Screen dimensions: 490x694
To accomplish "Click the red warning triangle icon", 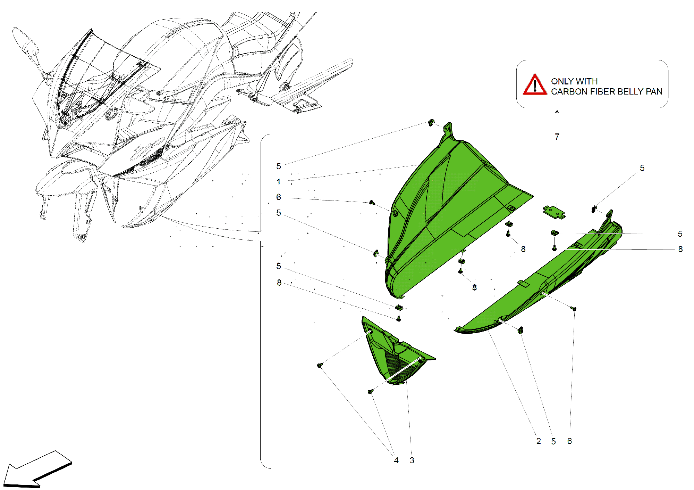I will click(x=535, y=85).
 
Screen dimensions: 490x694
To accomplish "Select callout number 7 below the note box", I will click(x=557, y=137).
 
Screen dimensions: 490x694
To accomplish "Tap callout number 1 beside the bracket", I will click(x=278, y=182).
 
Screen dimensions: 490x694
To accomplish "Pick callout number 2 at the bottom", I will click(x=538, y=441).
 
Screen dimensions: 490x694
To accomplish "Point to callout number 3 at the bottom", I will click(x=412, y=460).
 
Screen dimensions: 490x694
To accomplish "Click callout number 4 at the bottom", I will click(x=396, y=460).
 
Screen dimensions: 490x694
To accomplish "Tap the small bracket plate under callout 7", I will click(x=554, y=212).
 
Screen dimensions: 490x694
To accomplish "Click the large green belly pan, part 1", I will click(x=451, y=209).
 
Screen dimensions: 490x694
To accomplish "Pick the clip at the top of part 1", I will click(x=431, y=123).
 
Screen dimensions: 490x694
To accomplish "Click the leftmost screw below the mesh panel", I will click(x=320, y=365).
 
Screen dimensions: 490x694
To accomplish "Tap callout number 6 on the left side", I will click(x=278, y=197).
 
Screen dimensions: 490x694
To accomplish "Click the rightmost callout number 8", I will click(x=680, y=249).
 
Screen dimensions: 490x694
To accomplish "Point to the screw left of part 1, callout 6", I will click(x=372, y=202).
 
